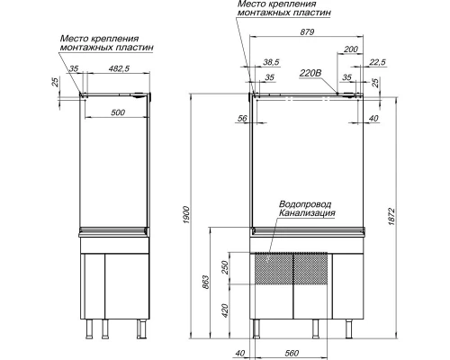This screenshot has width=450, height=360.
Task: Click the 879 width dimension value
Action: [307, 31]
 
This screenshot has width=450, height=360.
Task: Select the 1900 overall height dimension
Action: [186, 215]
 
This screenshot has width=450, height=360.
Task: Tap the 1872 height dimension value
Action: [392, 216]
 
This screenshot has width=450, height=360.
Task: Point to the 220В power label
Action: [310, 73]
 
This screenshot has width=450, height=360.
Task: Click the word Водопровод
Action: [305, 204]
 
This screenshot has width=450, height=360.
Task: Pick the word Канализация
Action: [307, 213]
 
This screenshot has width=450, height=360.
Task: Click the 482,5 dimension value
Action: [119, 68]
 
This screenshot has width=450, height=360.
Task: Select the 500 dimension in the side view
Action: [118, 112]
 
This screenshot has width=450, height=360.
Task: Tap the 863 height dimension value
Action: [206, 282]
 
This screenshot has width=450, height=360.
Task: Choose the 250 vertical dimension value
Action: [225, 267]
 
